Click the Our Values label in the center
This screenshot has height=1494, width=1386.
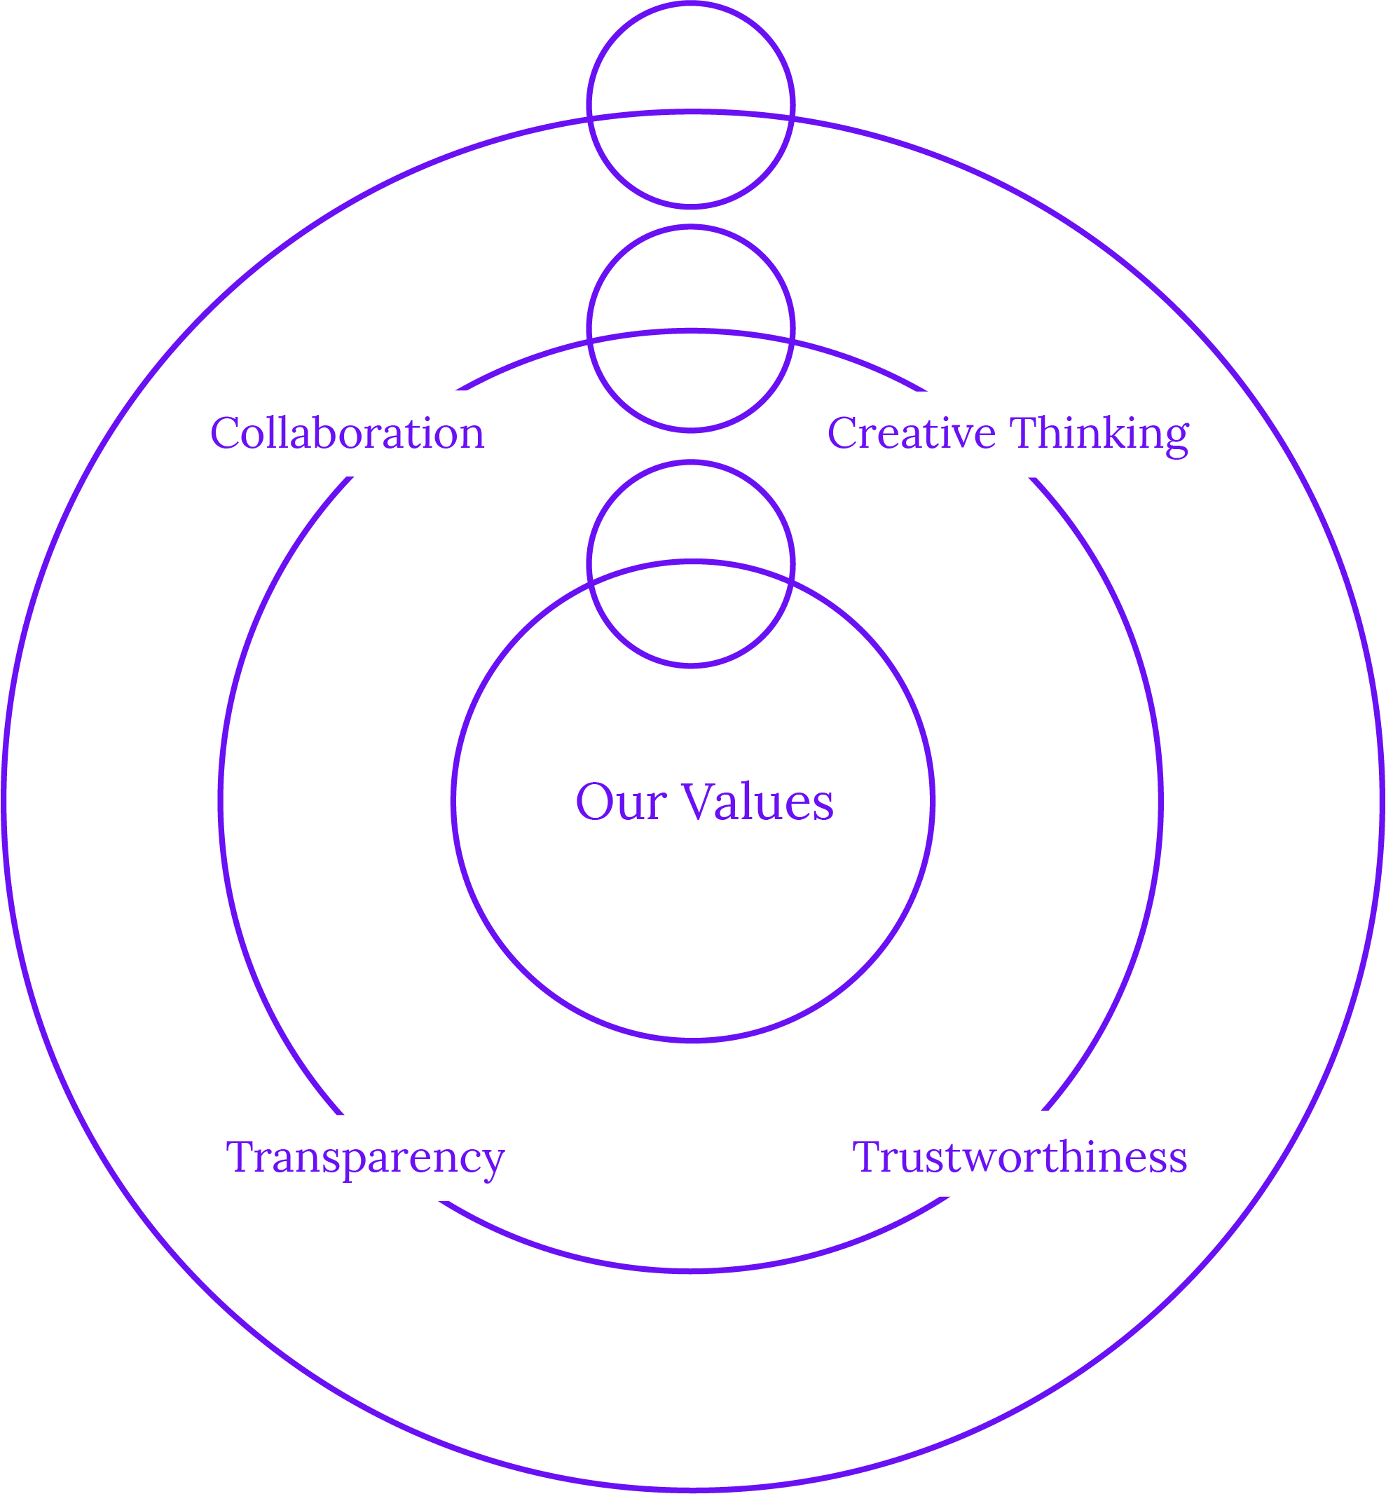[704, 802]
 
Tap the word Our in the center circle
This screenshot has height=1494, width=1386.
[620, 802]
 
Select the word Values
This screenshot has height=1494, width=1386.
[757, 802]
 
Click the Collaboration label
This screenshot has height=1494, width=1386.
[346, 434]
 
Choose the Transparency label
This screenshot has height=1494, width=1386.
[364, 1156]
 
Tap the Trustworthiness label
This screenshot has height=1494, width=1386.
[1020, 1156]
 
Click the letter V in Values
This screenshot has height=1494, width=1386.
[701, 801]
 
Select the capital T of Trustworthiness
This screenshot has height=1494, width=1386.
[867, 1156]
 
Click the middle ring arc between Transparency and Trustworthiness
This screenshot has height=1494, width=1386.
[691, 1270]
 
